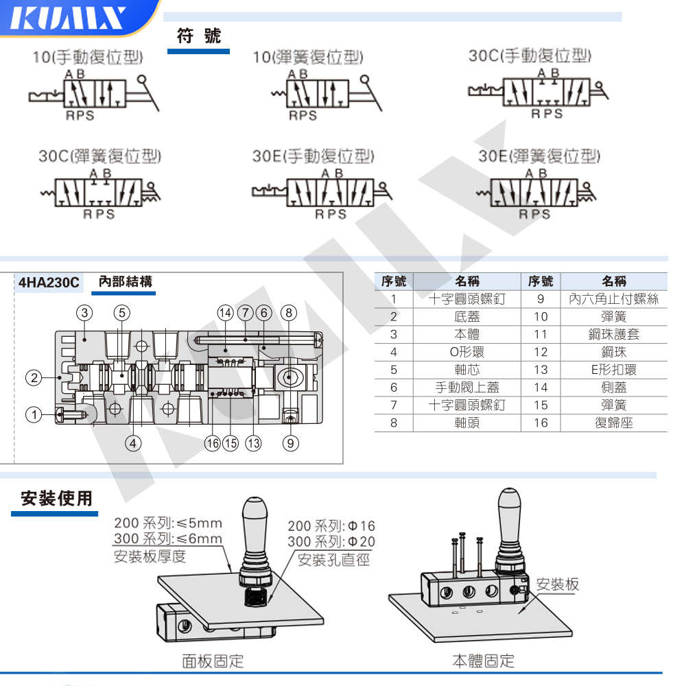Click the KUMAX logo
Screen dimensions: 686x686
point(72,19)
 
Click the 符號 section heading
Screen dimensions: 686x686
point(199,36)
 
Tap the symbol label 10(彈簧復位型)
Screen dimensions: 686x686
point(308,57)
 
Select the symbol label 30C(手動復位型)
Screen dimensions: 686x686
point(530,56)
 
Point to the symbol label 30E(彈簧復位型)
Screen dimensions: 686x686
point(539,156)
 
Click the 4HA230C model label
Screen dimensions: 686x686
point(49,282)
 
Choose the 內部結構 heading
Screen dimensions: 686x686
point(126,281)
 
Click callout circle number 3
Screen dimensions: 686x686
point(84,313)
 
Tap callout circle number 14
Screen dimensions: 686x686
point(225,313)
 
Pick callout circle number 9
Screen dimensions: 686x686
point(291,443)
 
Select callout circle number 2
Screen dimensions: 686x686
point(34,377)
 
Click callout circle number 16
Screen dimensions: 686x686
point(213,443)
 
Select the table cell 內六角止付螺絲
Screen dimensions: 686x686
point(613,299)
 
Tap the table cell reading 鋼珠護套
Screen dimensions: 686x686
point(613,334)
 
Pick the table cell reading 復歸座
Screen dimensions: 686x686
point(613,423)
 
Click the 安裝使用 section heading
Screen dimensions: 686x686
point(56,498)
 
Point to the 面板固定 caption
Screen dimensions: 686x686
point(213,661)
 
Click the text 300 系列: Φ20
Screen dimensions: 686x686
point(331,542)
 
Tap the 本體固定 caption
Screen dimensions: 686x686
point(483,661)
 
